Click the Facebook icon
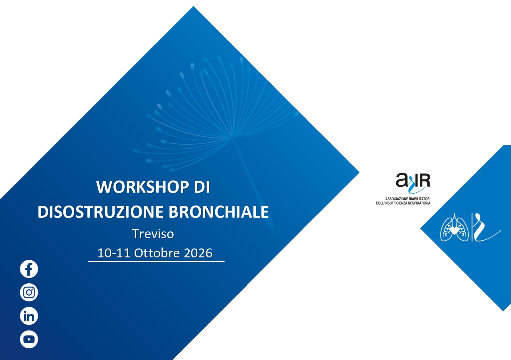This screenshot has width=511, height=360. point(29,269)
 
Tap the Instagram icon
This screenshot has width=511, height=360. point(29,292)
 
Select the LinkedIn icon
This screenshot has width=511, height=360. point(29,316)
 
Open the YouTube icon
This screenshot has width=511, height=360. point(29,339)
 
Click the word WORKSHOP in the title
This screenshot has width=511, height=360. point(143,187)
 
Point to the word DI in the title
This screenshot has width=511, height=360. point(202,187)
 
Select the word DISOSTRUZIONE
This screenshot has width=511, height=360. point(101,212)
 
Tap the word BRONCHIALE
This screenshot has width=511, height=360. point(218,212)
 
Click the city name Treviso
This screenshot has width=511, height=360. point(153,234)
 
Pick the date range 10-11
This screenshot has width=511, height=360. point(114,253)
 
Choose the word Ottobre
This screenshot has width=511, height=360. point(157,253)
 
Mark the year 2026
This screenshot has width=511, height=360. point(198,253)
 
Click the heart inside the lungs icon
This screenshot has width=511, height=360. point(454,230)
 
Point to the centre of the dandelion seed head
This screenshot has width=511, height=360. point(231,137)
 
